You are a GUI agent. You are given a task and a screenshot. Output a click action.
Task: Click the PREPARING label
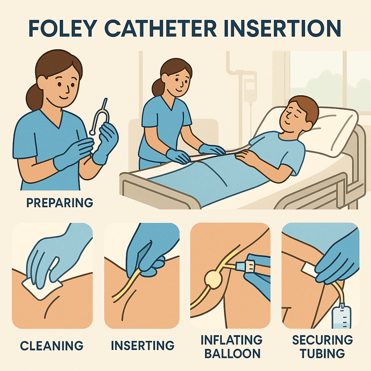pos(60,202)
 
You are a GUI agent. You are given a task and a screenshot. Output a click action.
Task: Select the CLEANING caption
pos(52,345)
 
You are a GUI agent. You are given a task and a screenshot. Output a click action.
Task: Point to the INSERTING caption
pos(142,345)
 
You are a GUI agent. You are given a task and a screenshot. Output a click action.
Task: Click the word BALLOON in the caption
pos(232,353)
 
